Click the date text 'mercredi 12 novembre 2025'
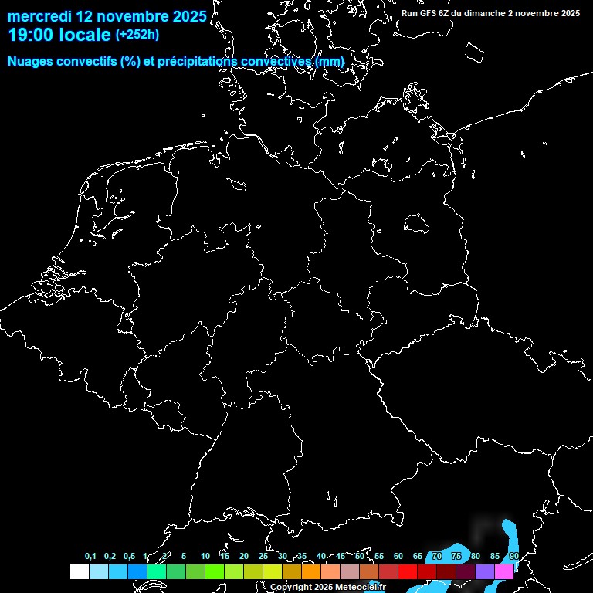pyautogui.click(x=107, y=16)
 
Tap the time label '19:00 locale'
pyautogui.click(x=59, y=35)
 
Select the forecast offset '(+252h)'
pyautogui.click(x=137, y=35)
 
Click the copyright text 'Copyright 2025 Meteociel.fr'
pyautogui.click(x=327, y=587)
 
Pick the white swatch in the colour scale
pyautogui.click(x=79, y=571)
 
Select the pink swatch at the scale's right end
pyautogui.click(x=504, y=571)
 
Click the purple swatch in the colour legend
pyautogui.click(x=485, y=571)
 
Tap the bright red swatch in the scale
pyautogui.click(x=408, y=571)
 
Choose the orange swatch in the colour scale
pyautogui.click(x=311, y=571)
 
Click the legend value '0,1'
pyautogui.click(x=90, y=557)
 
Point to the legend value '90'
pyautogui.click(x=513, y=557)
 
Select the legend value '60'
pyautogui.click(x=398, y=557)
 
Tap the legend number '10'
pyautogui.click(x=205, y=557)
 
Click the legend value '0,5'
pyautogui.click(x=129, y=557)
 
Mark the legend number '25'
pyautogui.click(x=263, y=557)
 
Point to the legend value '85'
pyautogui.click(x=494, y=557)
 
